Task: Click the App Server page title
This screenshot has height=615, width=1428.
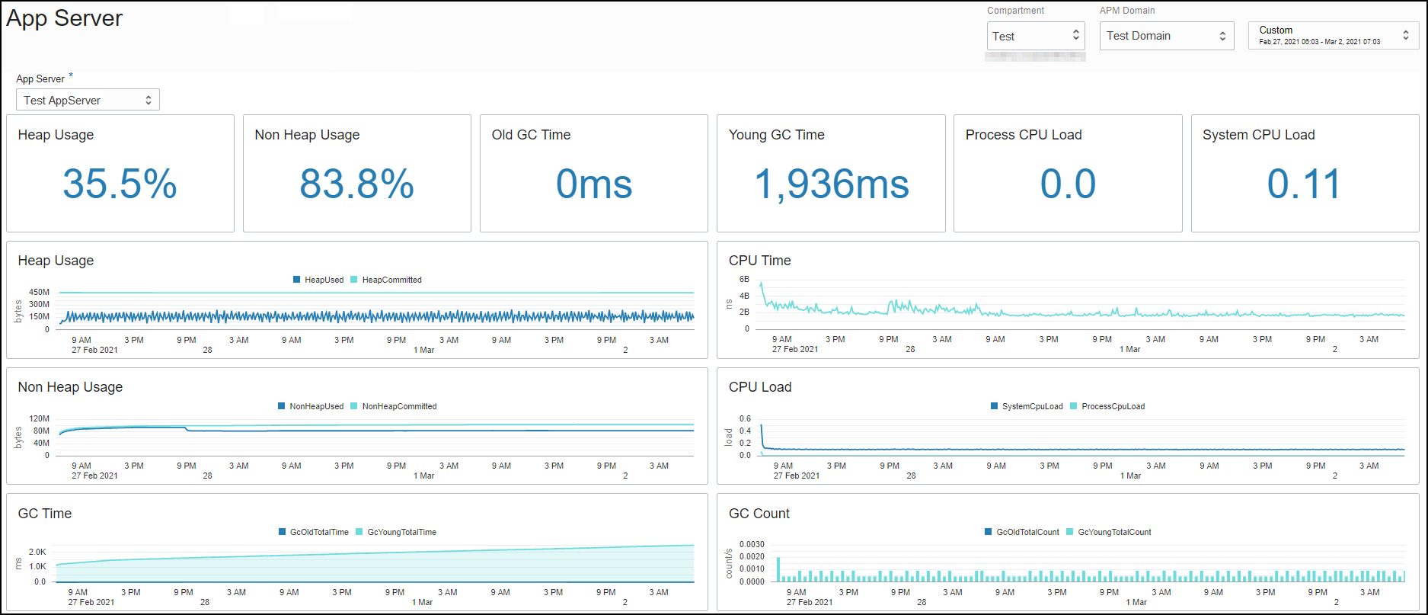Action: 65,18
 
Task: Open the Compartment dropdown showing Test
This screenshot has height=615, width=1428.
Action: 1035,36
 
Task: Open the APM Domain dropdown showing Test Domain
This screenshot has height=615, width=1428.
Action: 1166,36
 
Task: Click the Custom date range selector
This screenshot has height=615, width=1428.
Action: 1332,35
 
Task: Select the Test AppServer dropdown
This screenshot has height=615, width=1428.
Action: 88,100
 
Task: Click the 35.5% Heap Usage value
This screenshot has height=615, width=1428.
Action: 120,184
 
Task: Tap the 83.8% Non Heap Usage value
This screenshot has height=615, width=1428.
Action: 356,184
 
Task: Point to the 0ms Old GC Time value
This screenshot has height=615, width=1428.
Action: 593,184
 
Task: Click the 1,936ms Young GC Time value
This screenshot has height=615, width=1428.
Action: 831,184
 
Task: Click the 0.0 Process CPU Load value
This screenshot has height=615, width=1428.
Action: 1068,184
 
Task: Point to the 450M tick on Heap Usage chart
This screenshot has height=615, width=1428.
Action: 39,292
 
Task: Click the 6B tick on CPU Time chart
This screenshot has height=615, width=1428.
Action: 744,279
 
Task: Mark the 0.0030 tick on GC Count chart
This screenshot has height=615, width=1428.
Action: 752,544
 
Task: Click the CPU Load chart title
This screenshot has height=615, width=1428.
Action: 759,387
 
